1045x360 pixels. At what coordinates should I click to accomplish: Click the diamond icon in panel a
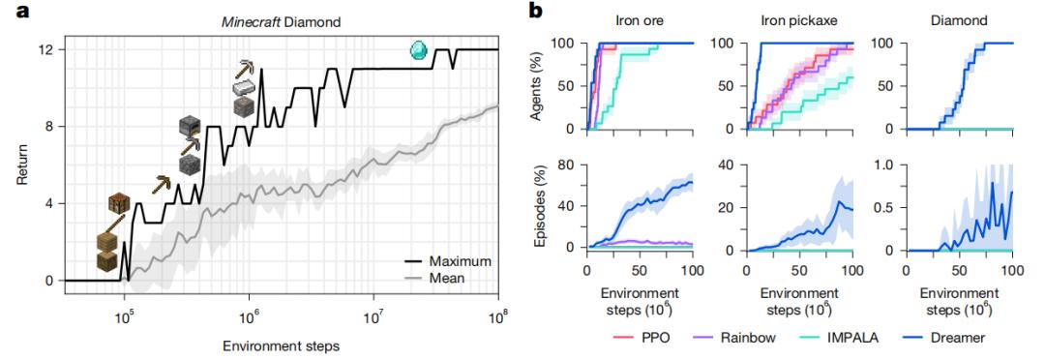[419, 48]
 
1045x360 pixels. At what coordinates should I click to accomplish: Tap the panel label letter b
[538, 11]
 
